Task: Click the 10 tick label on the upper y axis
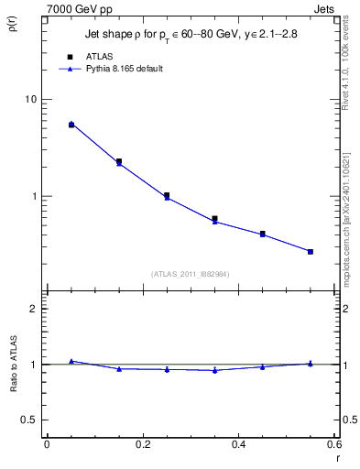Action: (30, 99)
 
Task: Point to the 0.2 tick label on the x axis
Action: (142, 444)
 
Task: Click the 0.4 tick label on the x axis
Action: (238, 444)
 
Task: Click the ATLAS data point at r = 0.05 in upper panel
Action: (71, 125)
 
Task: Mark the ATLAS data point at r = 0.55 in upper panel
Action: (311, 251)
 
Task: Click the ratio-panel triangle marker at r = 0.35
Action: (214, 370)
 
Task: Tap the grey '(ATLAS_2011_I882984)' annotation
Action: (190, 274)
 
